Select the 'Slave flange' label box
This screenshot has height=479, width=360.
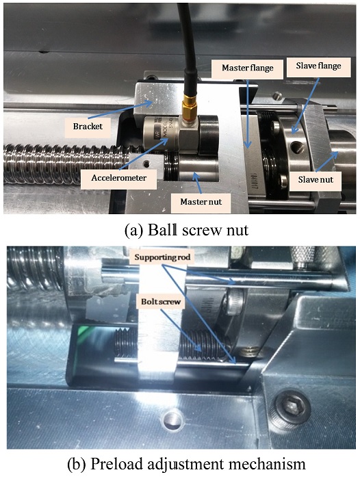(318, 67)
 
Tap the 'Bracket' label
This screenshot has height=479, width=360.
(88, 127)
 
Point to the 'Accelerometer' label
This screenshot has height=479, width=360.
(119, 179)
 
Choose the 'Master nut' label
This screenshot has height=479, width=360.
(201, 203)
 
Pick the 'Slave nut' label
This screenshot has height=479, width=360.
(316, 180)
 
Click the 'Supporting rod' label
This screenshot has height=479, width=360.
(162, 258)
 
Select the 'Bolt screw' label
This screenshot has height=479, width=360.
(161, 302)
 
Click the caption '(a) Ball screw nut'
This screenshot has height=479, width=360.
(186, 231)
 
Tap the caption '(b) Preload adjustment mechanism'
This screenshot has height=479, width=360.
(186, 465)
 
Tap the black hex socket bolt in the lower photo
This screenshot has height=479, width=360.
(291, 409)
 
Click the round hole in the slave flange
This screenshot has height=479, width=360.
(298, 148)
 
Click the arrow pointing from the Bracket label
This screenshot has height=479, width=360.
(120, 111)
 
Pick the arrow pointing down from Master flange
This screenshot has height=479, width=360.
(248, 114)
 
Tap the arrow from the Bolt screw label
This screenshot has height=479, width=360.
(181, 331)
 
